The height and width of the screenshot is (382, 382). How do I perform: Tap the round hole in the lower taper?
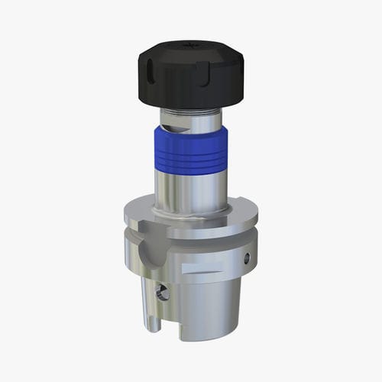coord(161,291)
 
